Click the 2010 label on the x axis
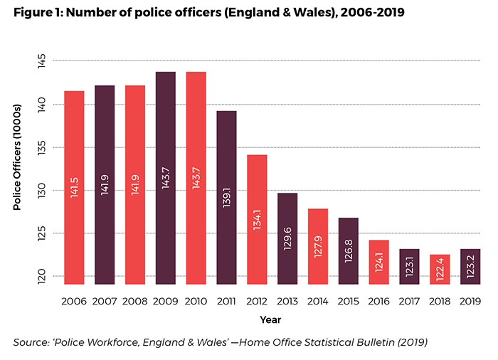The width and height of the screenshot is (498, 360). [x=196, y=302]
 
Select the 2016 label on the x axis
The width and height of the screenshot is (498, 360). [x=378, y=302]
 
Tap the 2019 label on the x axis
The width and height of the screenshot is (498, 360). [x=470, y=302]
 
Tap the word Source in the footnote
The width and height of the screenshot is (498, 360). [x=33, y=343]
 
